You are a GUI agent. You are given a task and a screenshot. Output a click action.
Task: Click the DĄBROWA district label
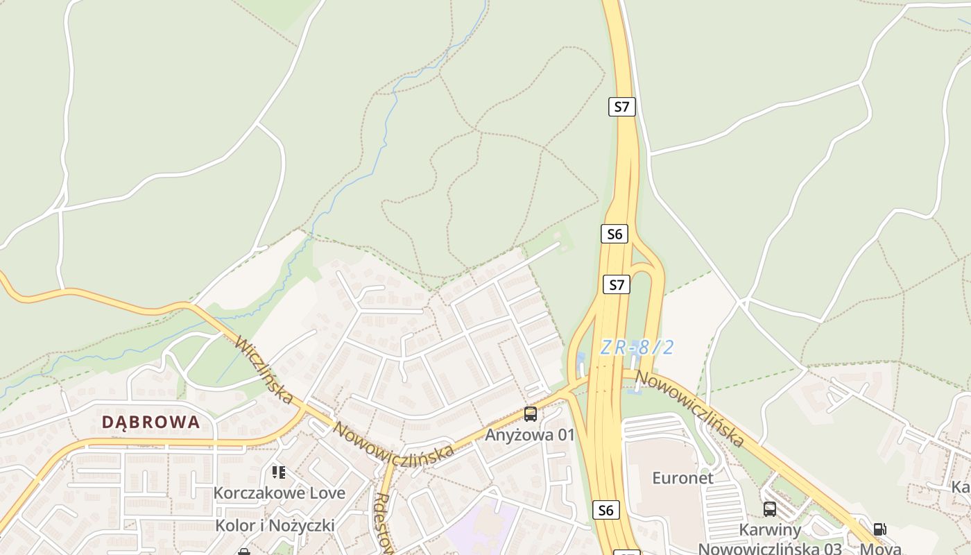(x=151, y=422)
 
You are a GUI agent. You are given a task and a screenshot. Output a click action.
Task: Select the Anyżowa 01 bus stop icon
(x=531, y=414)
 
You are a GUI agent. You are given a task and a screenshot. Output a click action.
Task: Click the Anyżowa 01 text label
(x=530, y=435)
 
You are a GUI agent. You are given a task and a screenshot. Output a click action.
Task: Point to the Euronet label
(x=682, y=478)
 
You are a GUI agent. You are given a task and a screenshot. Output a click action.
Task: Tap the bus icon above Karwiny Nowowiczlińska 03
(x=770, y=509)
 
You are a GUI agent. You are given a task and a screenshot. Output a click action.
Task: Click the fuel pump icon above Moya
(x=879, y=529)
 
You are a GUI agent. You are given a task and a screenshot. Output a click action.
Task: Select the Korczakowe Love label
(x=279, y=493)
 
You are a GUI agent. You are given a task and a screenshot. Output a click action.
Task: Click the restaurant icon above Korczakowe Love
(x=279, y=472)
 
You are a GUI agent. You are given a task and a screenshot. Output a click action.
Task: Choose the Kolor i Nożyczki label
(x=275, y=525)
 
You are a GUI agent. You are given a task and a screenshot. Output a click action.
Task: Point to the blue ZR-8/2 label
(x=637, y=348)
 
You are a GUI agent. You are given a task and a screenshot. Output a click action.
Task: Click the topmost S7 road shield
(x=622, y=107)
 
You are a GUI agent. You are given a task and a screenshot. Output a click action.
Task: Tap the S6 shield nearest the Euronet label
(x=605, y=511)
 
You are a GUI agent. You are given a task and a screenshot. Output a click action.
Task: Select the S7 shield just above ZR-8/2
(x=617, y=284)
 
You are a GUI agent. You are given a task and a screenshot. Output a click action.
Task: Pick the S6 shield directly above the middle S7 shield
(x=615, y=234)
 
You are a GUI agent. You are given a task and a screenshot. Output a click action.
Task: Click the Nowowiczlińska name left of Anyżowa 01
(x=393, y=442)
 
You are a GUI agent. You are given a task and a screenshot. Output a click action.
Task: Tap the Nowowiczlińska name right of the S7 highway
(x=690, y=409)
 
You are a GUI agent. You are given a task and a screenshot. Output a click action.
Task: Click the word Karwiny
(x=770, y=530)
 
